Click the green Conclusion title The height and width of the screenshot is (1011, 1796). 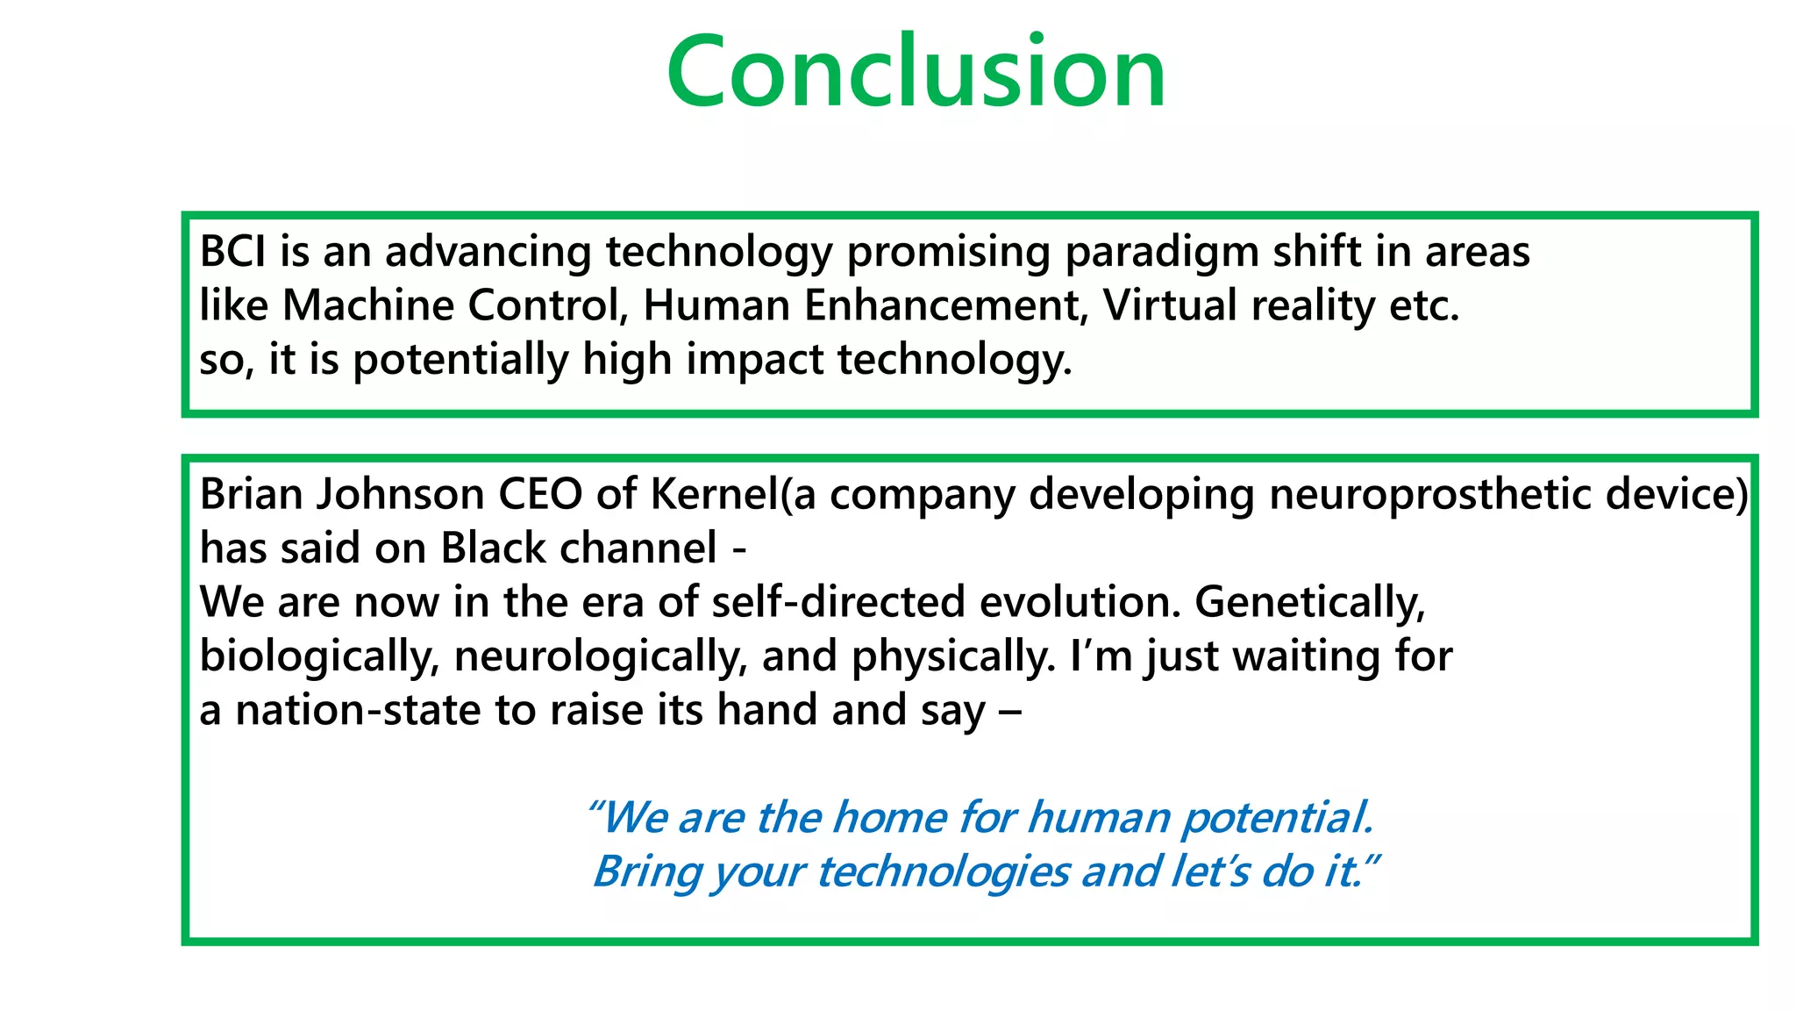click(916, 72)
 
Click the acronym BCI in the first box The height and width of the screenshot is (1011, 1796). click(232, 252)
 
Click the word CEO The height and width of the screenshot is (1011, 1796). click(540, 494)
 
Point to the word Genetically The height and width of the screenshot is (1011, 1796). click(1309, 602)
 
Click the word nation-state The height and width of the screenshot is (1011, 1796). click(358, 710)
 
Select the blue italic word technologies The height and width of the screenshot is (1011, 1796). click(942, 871)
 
